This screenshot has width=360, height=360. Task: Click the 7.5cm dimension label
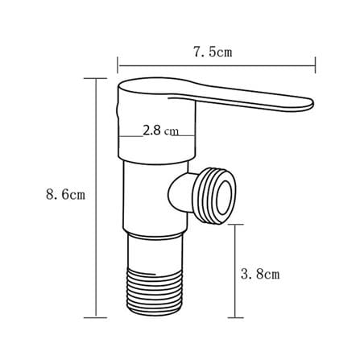pyautogui.click(x=213, y=52)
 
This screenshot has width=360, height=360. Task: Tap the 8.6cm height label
pyautogui.click(x=65, y=194)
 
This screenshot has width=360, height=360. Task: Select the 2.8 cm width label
pyautogui.click(x=160, y=130)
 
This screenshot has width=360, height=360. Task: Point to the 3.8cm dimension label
pyautogui.click(x=260, y=274)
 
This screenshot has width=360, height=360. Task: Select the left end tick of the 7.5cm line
pyautogui.click(x=118, y=65)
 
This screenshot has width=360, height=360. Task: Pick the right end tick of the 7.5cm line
pyautogui.click(x=316, y=65)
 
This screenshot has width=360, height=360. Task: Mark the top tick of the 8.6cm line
pyautogui.click(x=95, y=78)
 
